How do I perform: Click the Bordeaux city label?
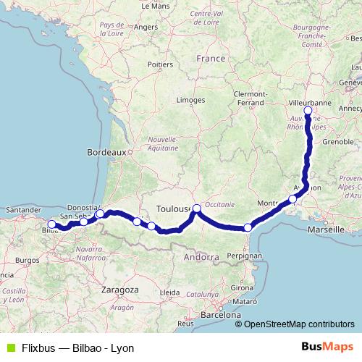(106, 153)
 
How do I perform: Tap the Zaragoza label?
(120, 289)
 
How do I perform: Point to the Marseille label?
(326, 230)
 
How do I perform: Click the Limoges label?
(190, 99)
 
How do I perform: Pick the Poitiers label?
(160, 64)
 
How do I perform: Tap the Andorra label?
(201, 257)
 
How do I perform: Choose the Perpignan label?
(243, 256)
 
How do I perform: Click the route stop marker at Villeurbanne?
(308, 111)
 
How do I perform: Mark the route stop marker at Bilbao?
(51, 224)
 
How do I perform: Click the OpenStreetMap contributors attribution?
(295, 324)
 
